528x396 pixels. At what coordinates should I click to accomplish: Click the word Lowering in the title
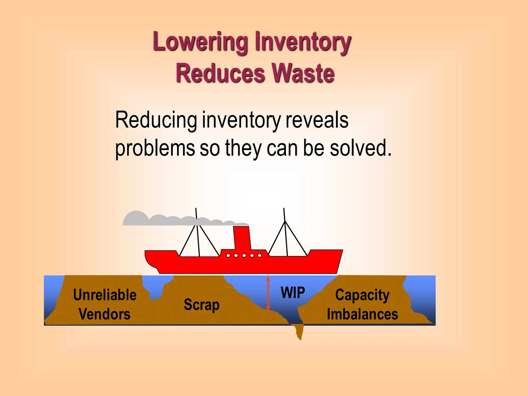(200, 42)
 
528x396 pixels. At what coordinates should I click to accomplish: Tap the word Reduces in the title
(220, 73)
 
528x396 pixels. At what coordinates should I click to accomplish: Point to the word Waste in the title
(303, 73)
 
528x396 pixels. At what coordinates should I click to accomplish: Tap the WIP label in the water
(293, 293)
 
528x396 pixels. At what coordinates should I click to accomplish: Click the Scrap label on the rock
(202, 305)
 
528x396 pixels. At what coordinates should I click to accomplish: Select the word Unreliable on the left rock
(105, 295)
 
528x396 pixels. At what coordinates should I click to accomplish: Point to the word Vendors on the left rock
(105, 314)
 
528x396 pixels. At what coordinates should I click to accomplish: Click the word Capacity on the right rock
(362, 295)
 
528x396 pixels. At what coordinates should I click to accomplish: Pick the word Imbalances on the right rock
(362, 314)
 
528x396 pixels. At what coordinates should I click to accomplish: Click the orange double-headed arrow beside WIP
(268, 293)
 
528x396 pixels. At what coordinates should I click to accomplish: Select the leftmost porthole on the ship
(228, 256)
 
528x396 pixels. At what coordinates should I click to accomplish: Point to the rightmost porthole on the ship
(260, 256)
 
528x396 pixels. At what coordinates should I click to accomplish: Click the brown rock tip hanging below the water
(299, 333)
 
